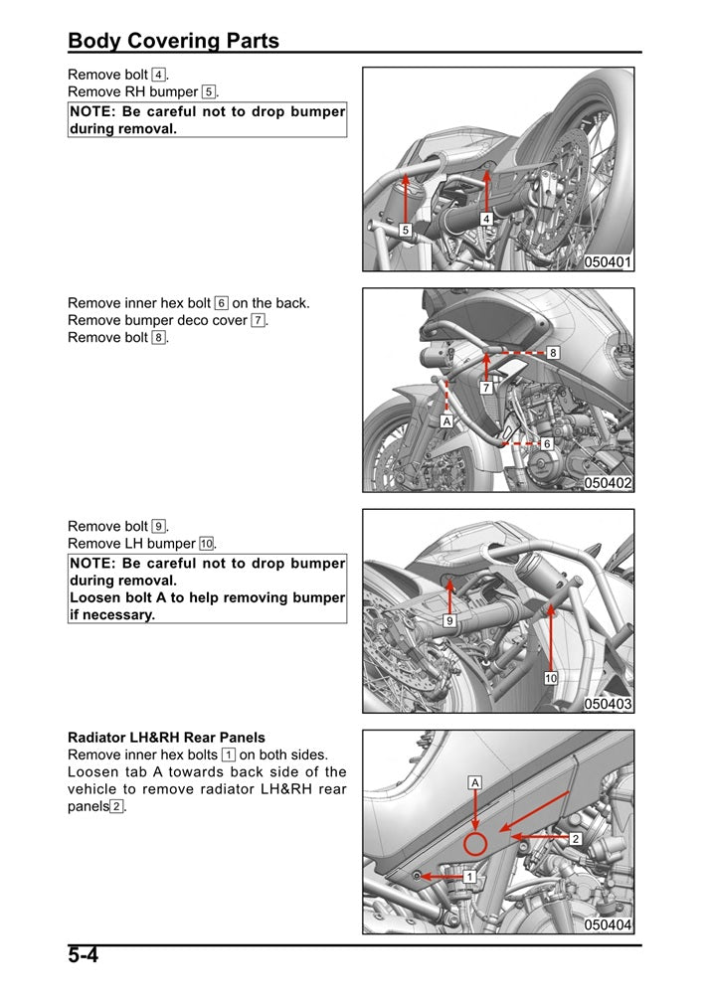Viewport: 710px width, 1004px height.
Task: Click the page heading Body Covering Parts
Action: [x=173, y=41]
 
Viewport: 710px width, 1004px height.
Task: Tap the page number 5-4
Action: [x=85, y=956]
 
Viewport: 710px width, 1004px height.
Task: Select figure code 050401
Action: [x=608, y=262]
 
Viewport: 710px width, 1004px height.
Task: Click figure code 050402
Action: [x=608, y=483]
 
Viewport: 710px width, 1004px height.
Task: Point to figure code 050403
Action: [x=608, y=704]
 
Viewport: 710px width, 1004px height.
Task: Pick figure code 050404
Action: [x=608, y=924]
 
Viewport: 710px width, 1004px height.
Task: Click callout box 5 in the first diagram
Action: [x=406, y=230]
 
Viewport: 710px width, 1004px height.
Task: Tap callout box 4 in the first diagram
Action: [x=486, y=219]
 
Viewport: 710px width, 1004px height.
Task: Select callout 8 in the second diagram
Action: [x=553, y=353]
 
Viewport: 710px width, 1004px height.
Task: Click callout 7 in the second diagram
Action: [x=486, y=387]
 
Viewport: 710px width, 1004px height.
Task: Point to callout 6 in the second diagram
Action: [x=547, y=443]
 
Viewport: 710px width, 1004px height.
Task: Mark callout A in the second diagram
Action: [x=446, y=421]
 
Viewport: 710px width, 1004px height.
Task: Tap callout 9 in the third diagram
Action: [x=449, y=620]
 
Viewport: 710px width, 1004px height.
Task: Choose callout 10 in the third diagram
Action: [x=550, y=678]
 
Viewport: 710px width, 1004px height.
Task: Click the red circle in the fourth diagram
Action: [x=475, y=845]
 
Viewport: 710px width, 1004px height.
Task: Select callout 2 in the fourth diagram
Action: [x=576, y=839]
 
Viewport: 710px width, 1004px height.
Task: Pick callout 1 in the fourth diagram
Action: [x=469, y=877]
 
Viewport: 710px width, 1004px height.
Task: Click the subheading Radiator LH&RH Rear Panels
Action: [x=166, y=738]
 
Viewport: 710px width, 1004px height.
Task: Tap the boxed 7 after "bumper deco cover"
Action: [x=258, y=320]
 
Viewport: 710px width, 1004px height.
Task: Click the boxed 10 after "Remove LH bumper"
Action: [x=206, y=544]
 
